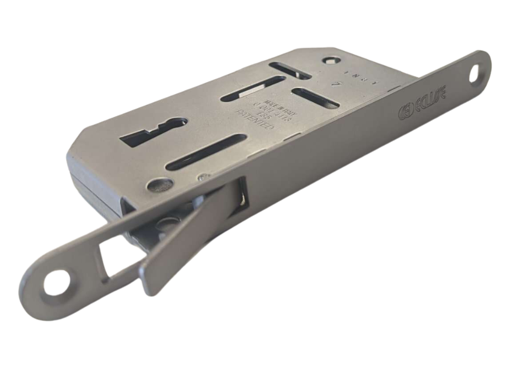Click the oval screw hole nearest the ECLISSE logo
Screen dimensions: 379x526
(x=474, y=75)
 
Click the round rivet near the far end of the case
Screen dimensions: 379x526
(x=331, y=60)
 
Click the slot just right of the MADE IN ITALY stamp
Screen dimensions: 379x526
(x=315, y=98)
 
